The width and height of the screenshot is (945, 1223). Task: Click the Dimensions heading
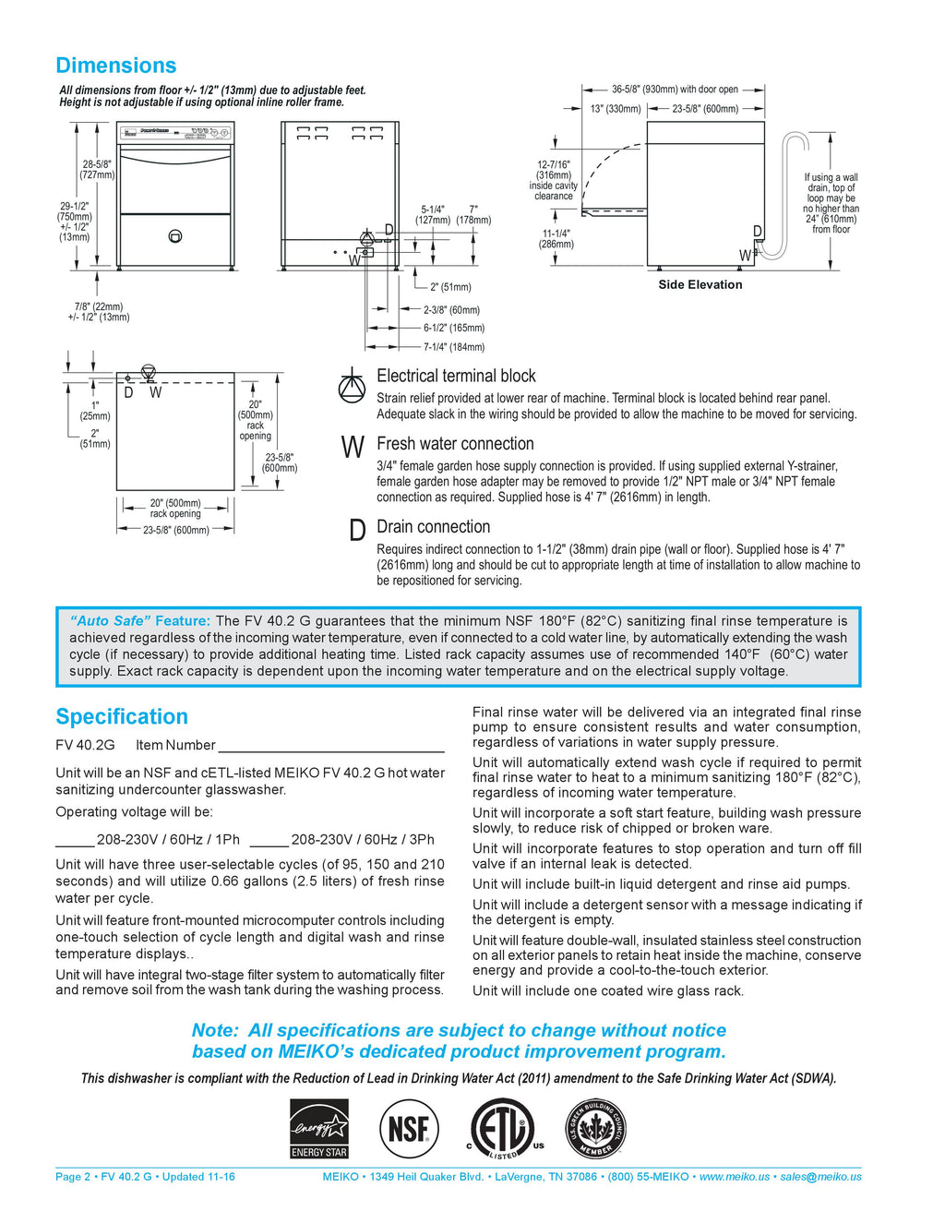tap(115, 66)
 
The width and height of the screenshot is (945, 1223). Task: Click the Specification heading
tap(122, 717)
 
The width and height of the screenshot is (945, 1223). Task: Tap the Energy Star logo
tap(319, 1128)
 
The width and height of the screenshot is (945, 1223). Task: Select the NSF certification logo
tap(409, 1128)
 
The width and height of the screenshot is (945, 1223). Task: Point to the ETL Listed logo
tap(503, 1128)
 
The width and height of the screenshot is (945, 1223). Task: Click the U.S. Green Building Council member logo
tap(596, 1128)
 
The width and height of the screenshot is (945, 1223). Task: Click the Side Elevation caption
tap(700, 284)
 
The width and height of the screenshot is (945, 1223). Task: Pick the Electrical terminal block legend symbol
tap(352, 386)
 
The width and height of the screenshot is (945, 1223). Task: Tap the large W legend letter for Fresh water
tap(353, 448)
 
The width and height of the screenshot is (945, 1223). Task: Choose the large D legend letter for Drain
tap(357, 531)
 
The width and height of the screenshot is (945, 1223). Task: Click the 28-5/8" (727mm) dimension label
tap(97, 170)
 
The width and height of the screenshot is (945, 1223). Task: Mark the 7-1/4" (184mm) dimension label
tap(454, 347)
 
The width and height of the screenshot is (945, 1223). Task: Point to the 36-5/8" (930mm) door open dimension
tap(675, 90)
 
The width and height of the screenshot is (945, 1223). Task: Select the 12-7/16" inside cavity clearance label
tap(554, 180)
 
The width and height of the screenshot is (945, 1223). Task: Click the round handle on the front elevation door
tap(175, 236)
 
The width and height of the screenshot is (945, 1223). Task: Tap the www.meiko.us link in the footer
tap(734, 1177)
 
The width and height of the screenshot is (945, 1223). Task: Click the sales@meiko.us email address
tap(820, 1177)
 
